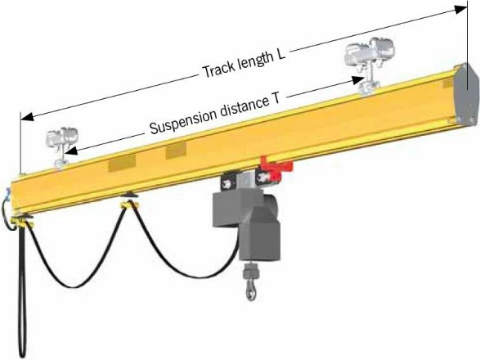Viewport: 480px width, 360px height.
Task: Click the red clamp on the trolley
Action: point(276,169)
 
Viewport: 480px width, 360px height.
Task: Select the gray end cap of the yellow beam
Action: point(465,93)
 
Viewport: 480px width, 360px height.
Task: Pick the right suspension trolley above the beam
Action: point(369,64)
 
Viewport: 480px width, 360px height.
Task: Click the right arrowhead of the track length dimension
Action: point(460,10)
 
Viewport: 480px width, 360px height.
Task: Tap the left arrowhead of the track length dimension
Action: point(27,117)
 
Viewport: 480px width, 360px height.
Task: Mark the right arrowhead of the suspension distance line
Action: point(358,80)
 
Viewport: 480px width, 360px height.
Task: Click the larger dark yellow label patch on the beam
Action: point(122,163)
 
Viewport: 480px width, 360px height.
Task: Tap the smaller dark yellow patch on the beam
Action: point(176,151)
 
